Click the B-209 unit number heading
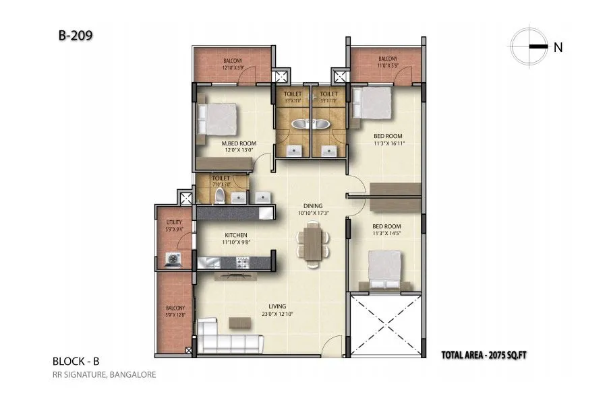71,34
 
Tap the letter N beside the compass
558,47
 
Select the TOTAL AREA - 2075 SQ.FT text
483,354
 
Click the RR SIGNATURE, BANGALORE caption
104,374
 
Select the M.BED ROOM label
238,143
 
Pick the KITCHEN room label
235,235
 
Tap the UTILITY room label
174,222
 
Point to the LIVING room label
274,306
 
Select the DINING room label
313,205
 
